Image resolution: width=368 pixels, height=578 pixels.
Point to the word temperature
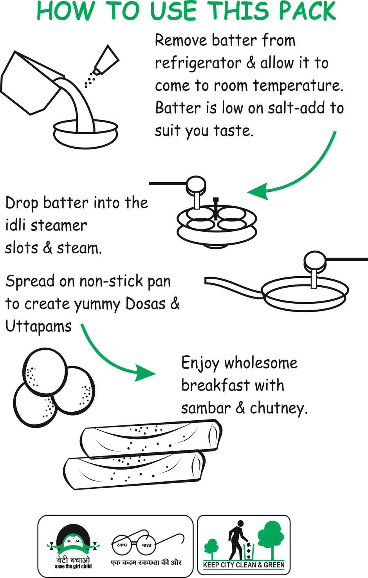(x=298, y=86)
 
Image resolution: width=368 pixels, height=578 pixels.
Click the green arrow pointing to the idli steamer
(x=298, y=172)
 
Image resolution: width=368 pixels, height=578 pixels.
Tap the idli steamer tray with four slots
(x=216, y=221)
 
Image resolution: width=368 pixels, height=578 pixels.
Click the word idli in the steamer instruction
(x=15, y=225)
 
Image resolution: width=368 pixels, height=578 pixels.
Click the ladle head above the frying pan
(x=315, y=261)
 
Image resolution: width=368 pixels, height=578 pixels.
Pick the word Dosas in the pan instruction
(x=145, y=304)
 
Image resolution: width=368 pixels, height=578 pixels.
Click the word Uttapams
(x=38, y=327)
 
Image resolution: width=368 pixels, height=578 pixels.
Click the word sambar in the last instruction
(x=206, y=408)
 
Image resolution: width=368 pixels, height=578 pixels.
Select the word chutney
(x=278, y=409)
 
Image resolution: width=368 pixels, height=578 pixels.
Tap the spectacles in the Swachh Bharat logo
(x=135, y=544)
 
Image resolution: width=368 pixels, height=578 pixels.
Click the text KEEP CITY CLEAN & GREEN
(x=244, y=565)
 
